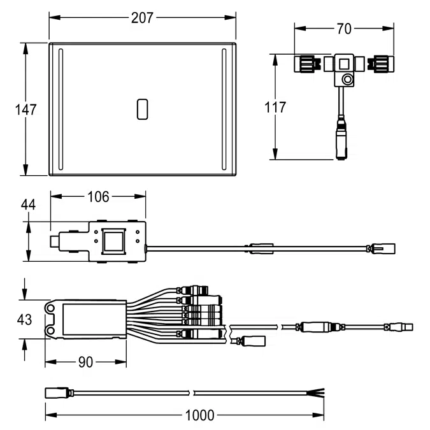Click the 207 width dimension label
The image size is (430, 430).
142,17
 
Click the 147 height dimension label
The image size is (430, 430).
25,109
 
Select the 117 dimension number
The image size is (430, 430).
275,107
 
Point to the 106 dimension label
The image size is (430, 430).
97,196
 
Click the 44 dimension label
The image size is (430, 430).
28,204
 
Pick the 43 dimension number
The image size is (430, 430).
25,320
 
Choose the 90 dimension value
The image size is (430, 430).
85,362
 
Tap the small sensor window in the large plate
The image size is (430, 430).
142,109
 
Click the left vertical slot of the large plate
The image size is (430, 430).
61,109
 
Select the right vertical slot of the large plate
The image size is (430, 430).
224,109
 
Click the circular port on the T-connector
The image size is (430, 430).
347,80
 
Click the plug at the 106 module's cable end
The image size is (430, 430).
383,247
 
